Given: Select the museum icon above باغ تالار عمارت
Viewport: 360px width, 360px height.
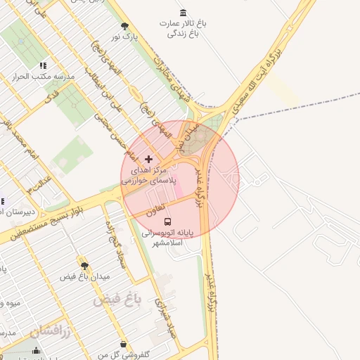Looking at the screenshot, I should coord(184,13).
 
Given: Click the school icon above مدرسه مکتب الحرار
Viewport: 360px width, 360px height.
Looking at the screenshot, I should coord(43,65).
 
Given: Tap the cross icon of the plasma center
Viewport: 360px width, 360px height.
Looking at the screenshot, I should coord(148,160).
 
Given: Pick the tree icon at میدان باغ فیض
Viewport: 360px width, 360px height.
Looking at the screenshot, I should coord(84,266).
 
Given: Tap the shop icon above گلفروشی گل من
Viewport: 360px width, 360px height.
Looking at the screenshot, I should coord(124,345).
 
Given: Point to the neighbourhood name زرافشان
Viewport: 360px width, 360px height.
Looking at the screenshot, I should coord(51,330).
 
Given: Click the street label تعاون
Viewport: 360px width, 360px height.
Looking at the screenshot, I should coord(156,210).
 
